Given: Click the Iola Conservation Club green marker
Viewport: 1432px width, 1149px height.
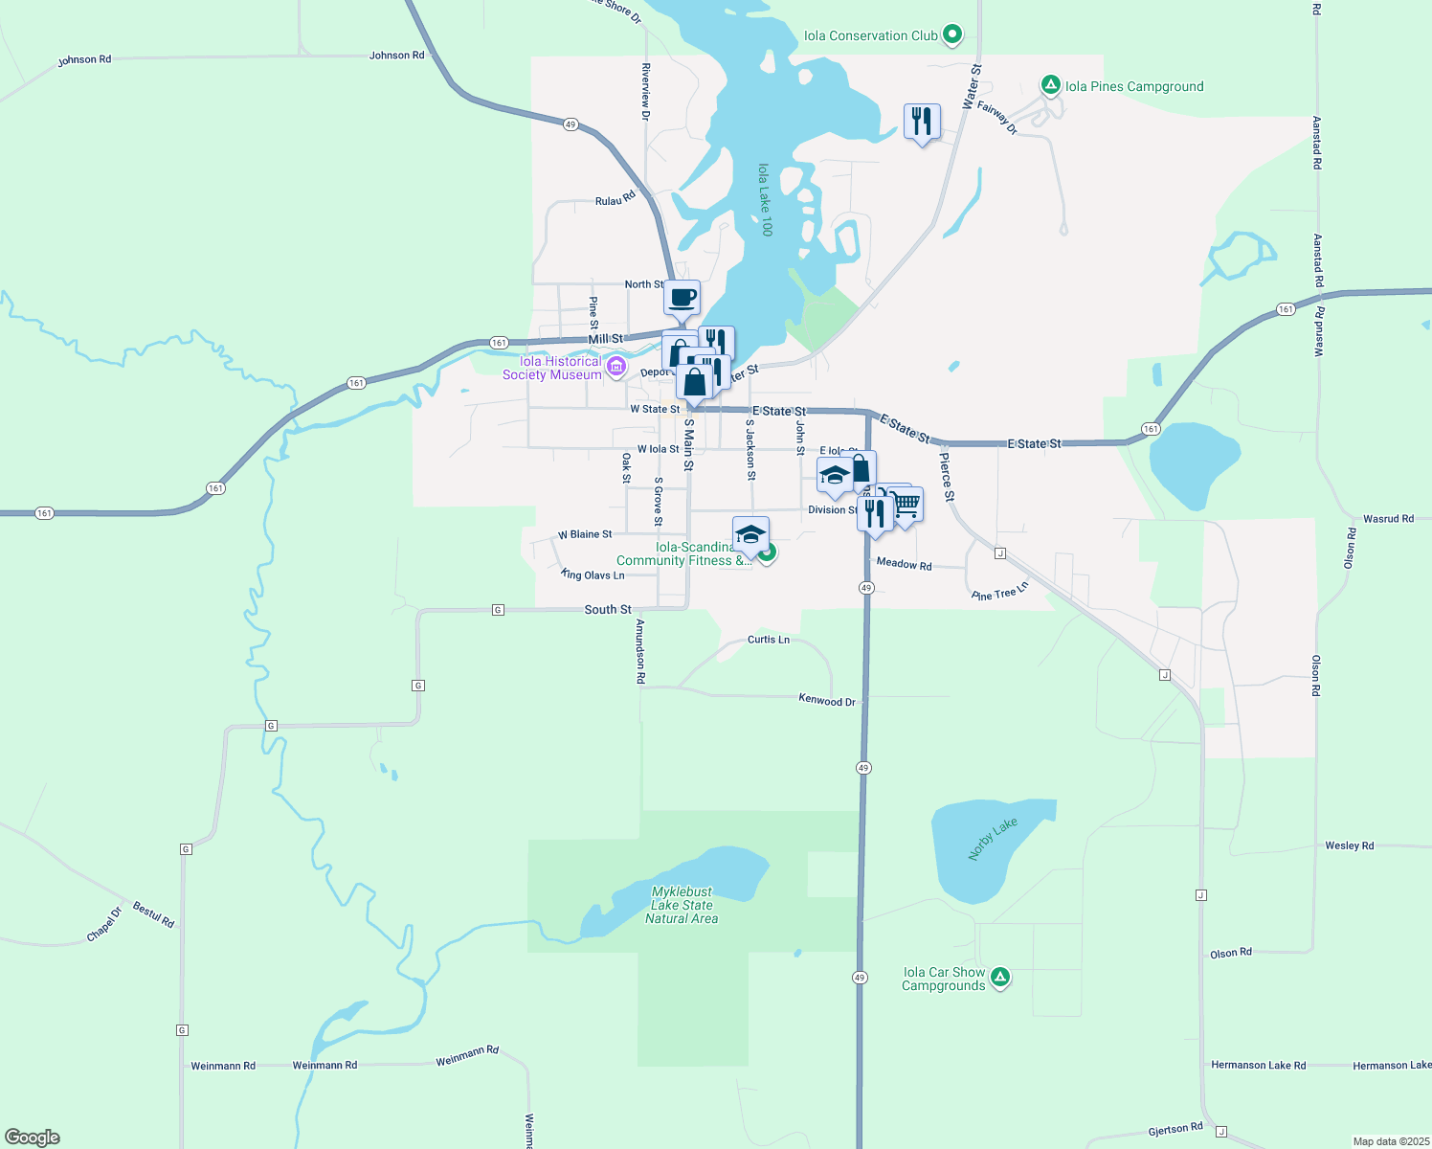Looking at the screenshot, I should click(x=951, y=35).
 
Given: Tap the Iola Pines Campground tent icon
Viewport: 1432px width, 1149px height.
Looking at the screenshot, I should click(x=1051, y=85).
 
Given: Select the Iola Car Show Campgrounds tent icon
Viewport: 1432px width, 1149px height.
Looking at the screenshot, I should click(x=999, y=978).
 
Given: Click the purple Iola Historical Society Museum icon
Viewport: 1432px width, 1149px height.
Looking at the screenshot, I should click(x=615, y=367).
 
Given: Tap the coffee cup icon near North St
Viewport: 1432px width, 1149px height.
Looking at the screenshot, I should click(x=682, y=298).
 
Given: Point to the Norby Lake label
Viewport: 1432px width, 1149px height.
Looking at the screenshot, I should click(x=993, y=839).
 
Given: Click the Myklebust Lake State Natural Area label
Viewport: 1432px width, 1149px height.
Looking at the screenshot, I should click(x=682, y=905).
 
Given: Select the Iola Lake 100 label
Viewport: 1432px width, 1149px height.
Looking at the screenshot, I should click(x=765, y=199).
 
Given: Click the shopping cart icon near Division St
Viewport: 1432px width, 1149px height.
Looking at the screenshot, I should click(x=906, y=504).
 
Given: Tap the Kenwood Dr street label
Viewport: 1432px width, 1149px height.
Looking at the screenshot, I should click(x=827, y=700).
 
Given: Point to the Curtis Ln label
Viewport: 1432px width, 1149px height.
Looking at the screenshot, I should click(x=769, y=639).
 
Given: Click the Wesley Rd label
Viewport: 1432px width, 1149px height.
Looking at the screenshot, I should click(x=1349, y=845).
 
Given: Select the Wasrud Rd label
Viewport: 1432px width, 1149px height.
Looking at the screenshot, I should click(x=1388, y=519).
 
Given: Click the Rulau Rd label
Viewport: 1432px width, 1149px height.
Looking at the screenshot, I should click(x=615, y=199).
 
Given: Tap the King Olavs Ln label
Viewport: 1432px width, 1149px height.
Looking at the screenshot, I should click(x=593, y=574).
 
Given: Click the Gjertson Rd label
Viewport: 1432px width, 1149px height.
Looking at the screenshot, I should click(x=1175, y=1130).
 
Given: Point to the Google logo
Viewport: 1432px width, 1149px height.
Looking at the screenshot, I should click(x=33, y=1137).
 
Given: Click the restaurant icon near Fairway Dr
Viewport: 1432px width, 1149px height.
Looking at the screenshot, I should click(x=922, y=122).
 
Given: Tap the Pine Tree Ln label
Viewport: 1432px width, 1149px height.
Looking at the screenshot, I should click(x=999, y=591).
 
